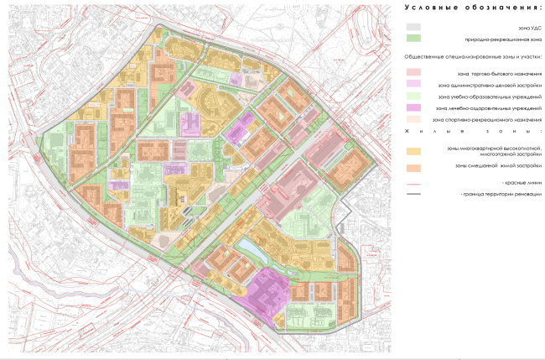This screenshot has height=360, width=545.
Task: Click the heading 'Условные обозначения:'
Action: click(472, 8)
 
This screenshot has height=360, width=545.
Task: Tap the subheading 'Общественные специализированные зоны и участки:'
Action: click(473, 56)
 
